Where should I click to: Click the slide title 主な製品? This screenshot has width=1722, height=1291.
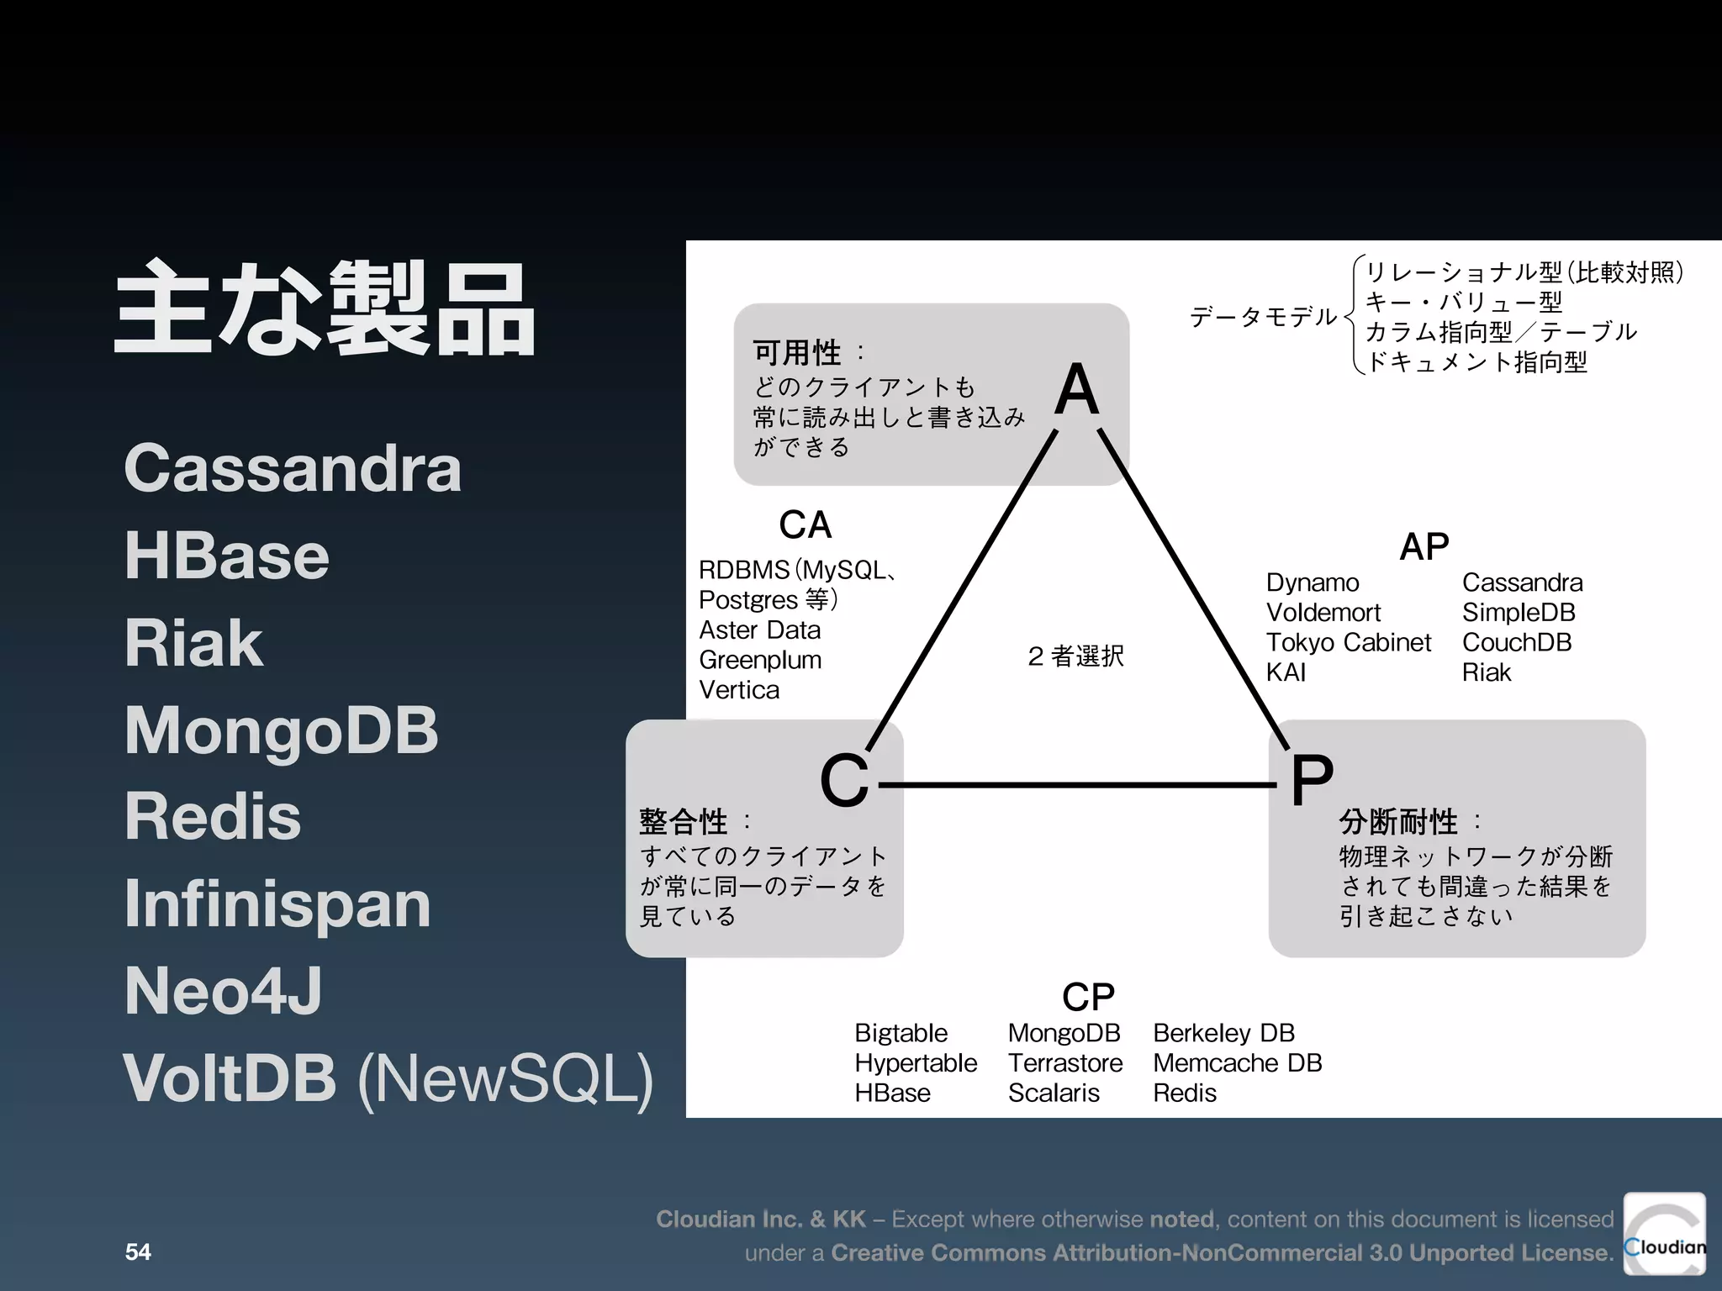[x=325, y=308]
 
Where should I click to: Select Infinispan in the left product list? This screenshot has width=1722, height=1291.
[x=277, y=904]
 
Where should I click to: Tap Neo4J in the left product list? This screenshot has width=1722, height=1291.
[x=223, y=991]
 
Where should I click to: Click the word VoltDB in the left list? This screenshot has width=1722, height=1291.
[x=230, y=1078]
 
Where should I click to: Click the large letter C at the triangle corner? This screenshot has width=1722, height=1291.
[x=843, y=780]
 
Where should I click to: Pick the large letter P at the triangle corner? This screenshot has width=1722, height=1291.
[x=1312, y=780]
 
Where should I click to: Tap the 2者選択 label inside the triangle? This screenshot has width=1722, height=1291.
[x=1075, y=656]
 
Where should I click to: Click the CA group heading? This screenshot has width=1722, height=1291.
[x=805, y=525]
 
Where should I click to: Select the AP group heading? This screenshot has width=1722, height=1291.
[x=1424, y=547]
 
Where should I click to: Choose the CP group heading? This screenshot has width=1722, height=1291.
[x=1088, y=998]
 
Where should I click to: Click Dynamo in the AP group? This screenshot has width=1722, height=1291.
[x=1312, y=582]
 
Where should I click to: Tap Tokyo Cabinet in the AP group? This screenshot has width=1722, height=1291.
[x=1348, y=642]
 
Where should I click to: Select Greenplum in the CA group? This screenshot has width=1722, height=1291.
[x=760, y=660]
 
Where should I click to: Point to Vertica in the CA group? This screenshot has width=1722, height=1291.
[x=739, y=690]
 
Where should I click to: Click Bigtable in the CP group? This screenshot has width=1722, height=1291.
[x=901, y=1033]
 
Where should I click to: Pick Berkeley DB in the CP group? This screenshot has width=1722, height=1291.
[x=1223, y=1033]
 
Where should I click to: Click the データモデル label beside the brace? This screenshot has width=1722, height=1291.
[x=1262, y=317]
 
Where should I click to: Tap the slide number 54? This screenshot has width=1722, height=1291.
[x=138, y=1251]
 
